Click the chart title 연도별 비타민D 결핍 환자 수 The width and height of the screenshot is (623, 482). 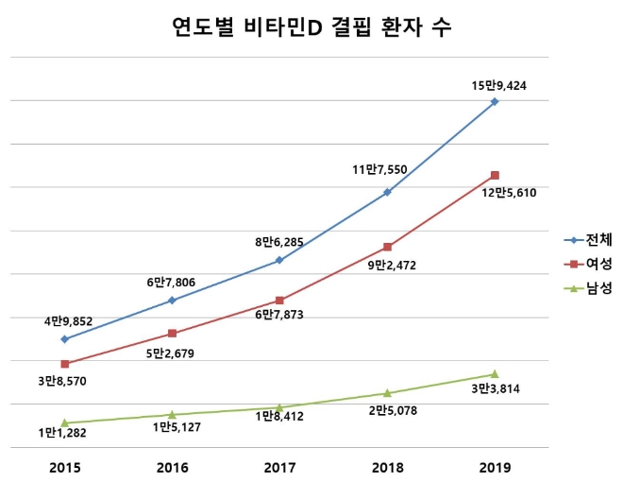point(311,27)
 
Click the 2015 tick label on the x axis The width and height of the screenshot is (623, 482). point(65,467)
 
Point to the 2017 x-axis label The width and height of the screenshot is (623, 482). point(279,467)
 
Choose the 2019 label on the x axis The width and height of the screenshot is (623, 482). point(494,467)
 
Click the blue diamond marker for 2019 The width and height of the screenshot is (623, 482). point(495,101)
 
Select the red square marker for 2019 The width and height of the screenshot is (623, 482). point(495,175)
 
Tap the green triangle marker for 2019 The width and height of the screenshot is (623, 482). point(495,374)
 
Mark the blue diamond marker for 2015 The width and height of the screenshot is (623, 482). point(65,338)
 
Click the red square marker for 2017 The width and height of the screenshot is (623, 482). point(279,300)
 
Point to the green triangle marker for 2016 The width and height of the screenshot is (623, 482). point(172,414)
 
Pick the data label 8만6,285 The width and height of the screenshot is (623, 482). point(280,242)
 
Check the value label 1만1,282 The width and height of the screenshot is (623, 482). point(65,433)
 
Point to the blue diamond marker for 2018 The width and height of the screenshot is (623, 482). point(387,192)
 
